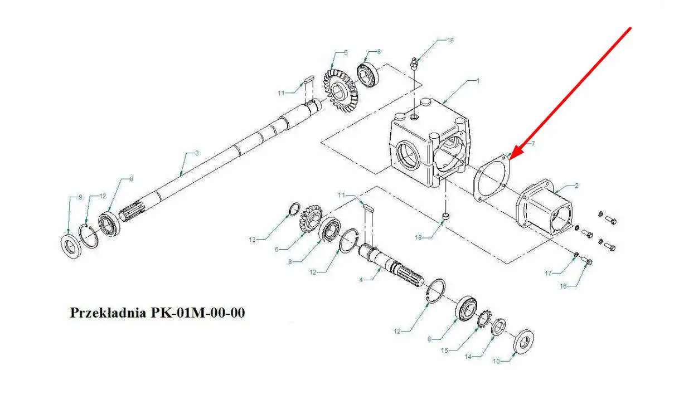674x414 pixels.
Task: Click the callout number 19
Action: coord(450,40)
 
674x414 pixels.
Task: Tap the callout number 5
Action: coord(346,53)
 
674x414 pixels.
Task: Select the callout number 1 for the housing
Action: coord(478,81)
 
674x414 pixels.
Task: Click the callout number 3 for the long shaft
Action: coord(197,153)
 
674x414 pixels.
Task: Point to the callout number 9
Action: coord(80,197)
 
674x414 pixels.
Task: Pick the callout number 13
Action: coord(252,240)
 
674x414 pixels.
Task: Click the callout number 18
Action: coord(419,237)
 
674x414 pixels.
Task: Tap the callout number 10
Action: coord(496,361)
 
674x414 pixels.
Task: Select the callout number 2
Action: coord(576,186)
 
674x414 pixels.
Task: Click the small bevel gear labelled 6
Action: coord(311,218)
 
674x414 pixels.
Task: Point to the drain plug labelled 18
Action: coord(446,216)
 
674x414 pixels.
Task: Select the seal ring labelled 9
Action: coord(71,245)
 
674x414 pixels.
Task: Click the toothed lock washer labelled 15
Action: coord(485,319)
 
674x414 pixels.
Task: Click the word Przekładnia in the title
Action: coord(108,313)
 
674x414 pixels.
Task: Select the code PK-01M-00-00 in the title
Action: coord(198,313)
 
